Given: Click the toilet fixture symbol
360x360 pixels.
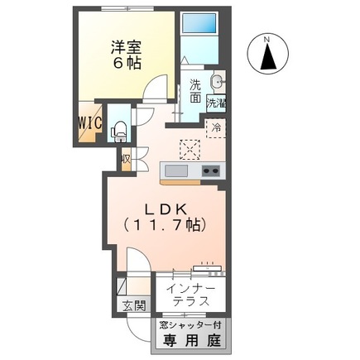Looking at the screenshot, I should pyautogui.click(x=118, y=128).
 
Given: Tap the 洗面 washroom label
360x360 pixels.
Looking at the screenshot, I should pyautogui.click(x=194, y=90).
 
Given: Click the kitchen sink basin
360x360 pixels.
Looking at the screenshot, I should pyautogui.click(x=176, y=171).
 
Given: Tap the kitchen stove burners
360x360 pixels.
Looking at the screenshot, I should pyautogui.click(x=210, y=171).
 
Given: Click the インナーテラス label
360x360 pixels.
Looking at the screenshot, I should pyautogui.click(x=191, y=295).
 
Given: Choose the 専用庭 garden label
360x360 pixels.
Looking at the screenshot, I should pyautogui.click(x=190, y=339).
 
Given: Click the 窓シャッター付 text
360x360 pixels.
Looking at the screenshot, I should pyautogui.click(x=190, y=325).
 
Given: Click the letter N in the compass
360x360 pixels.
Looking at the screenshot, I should pyautogui.click(x=266, y=38).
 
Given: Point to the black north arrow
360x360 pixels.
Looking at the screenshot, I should pyautogui.click(x=266, y=59).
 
